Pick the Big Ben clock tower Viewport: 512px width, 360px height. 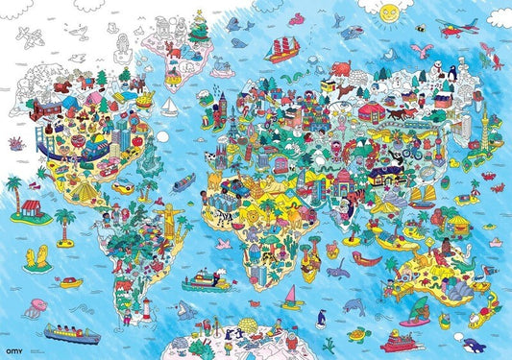219,101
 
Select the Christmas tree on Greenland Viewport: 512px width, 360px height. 200,30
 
